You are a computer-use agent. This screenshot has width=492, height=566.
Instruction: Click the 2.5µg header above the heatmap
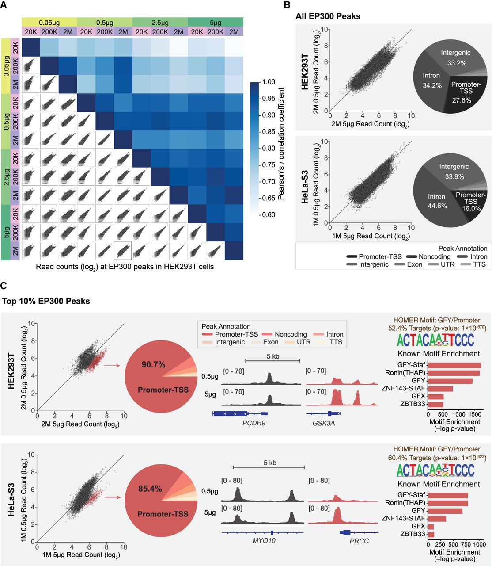(x=160, y=22)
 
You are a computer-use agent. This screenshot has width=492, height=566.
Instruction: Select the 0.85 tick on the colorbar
(x=269, y=132)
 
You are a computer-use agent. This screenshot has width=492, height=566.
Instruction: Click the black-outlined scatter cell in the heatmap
(x=123, y=251)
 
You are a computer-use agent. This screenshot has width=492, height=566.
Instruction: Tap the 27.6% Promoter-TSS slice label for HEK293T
(x=466, y=92)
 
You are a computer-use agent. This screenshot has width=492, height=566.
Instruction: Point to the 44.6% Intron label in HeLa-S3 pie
(x=437, y=201)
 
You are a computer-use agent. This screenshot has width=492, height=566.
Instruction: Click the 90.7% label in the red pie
(x=153, y=365)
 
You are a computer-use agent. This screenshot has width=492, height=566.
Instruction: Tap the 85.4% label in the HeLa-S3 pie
(x=150, y=489)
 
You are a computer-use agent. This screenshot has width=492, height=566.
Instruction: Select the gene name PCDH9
(x=254, y=423)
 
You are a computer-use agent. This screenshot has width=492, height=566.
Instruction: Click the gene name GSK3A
(x=323, y=423)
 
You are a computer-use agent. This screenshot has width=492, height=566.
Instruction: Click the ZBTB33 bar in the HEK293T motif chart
(x=435, y=404)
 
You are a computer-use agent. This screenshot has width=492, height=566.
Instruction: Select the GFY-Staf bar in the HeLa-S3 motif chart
(x=448, y=495)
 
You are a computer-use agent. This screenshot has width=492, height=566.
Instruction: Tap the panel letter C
(x=4, y=286)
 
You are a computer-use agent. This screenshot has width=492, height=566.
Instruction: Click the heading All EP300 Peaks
(x=328, y=16)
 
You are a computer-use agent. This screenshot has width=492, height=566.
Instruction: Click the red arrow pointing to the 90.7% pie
(x=112, y=365)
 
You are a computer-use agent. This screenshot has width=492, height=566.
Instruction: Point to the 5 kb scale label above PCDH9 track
(x=272, y=356)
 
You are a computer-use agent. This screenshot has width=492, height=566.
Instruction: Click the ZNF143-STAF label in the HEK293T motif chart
(x=403, y=388)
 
